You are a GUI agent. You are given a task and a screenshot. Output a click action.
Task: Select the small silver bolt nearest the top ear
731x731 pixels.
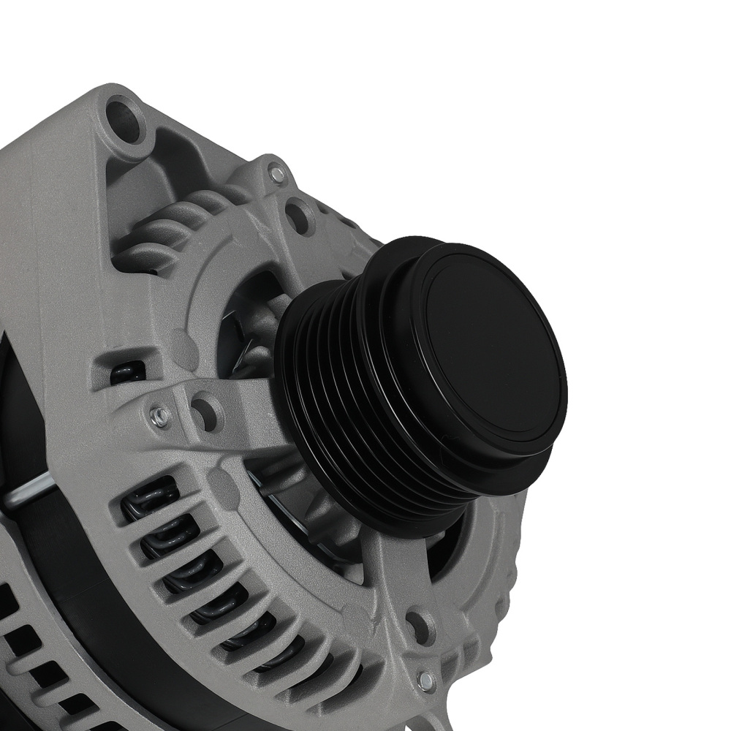276,174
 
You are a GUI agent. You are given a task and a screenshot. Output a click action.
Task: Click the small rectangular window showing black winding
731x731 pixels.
127,372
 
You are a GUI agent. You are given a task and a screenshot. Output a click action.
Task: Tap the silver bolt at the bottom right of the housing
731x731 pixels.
426,680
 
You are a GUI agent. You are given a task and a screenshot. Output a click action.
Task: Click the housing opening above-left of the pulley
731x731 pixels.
249,322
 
